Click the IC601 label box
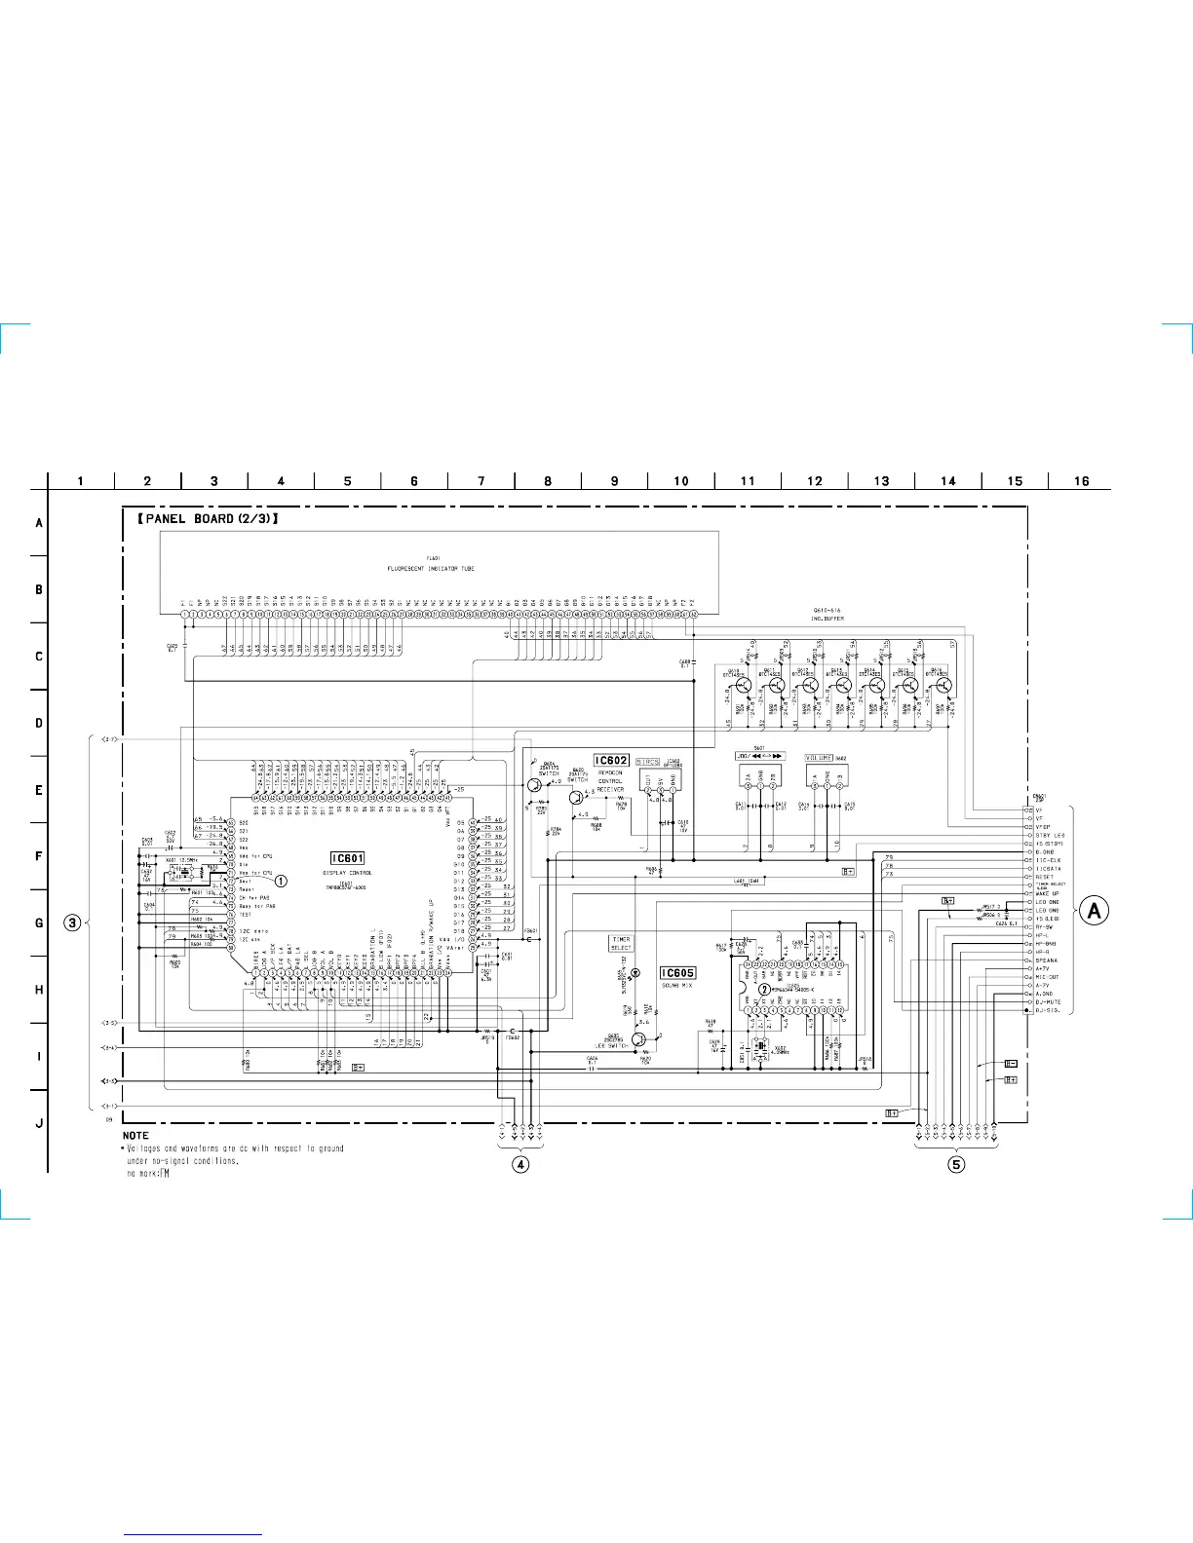point(348,857)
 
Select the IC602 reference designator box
point(611,760)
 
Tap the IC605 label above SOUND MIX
point(678,973)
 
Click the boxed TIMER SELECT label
point(621,943)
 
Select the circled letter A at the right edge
point(1095,910)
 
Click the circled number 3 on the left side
point(72,922)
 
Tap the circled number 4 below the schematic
point(521,1164)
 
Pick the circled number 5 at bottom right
point(956,1164)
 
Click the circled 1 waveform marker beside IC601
point(281,881)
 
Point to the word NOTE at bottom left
point(135,1135)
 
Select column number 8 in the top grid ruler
point(548,480)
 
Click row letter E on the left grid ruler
point(39,789)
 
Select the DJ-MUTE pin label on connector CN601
point(1048,1001)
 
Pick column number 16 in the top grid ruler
point(1081,480)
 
